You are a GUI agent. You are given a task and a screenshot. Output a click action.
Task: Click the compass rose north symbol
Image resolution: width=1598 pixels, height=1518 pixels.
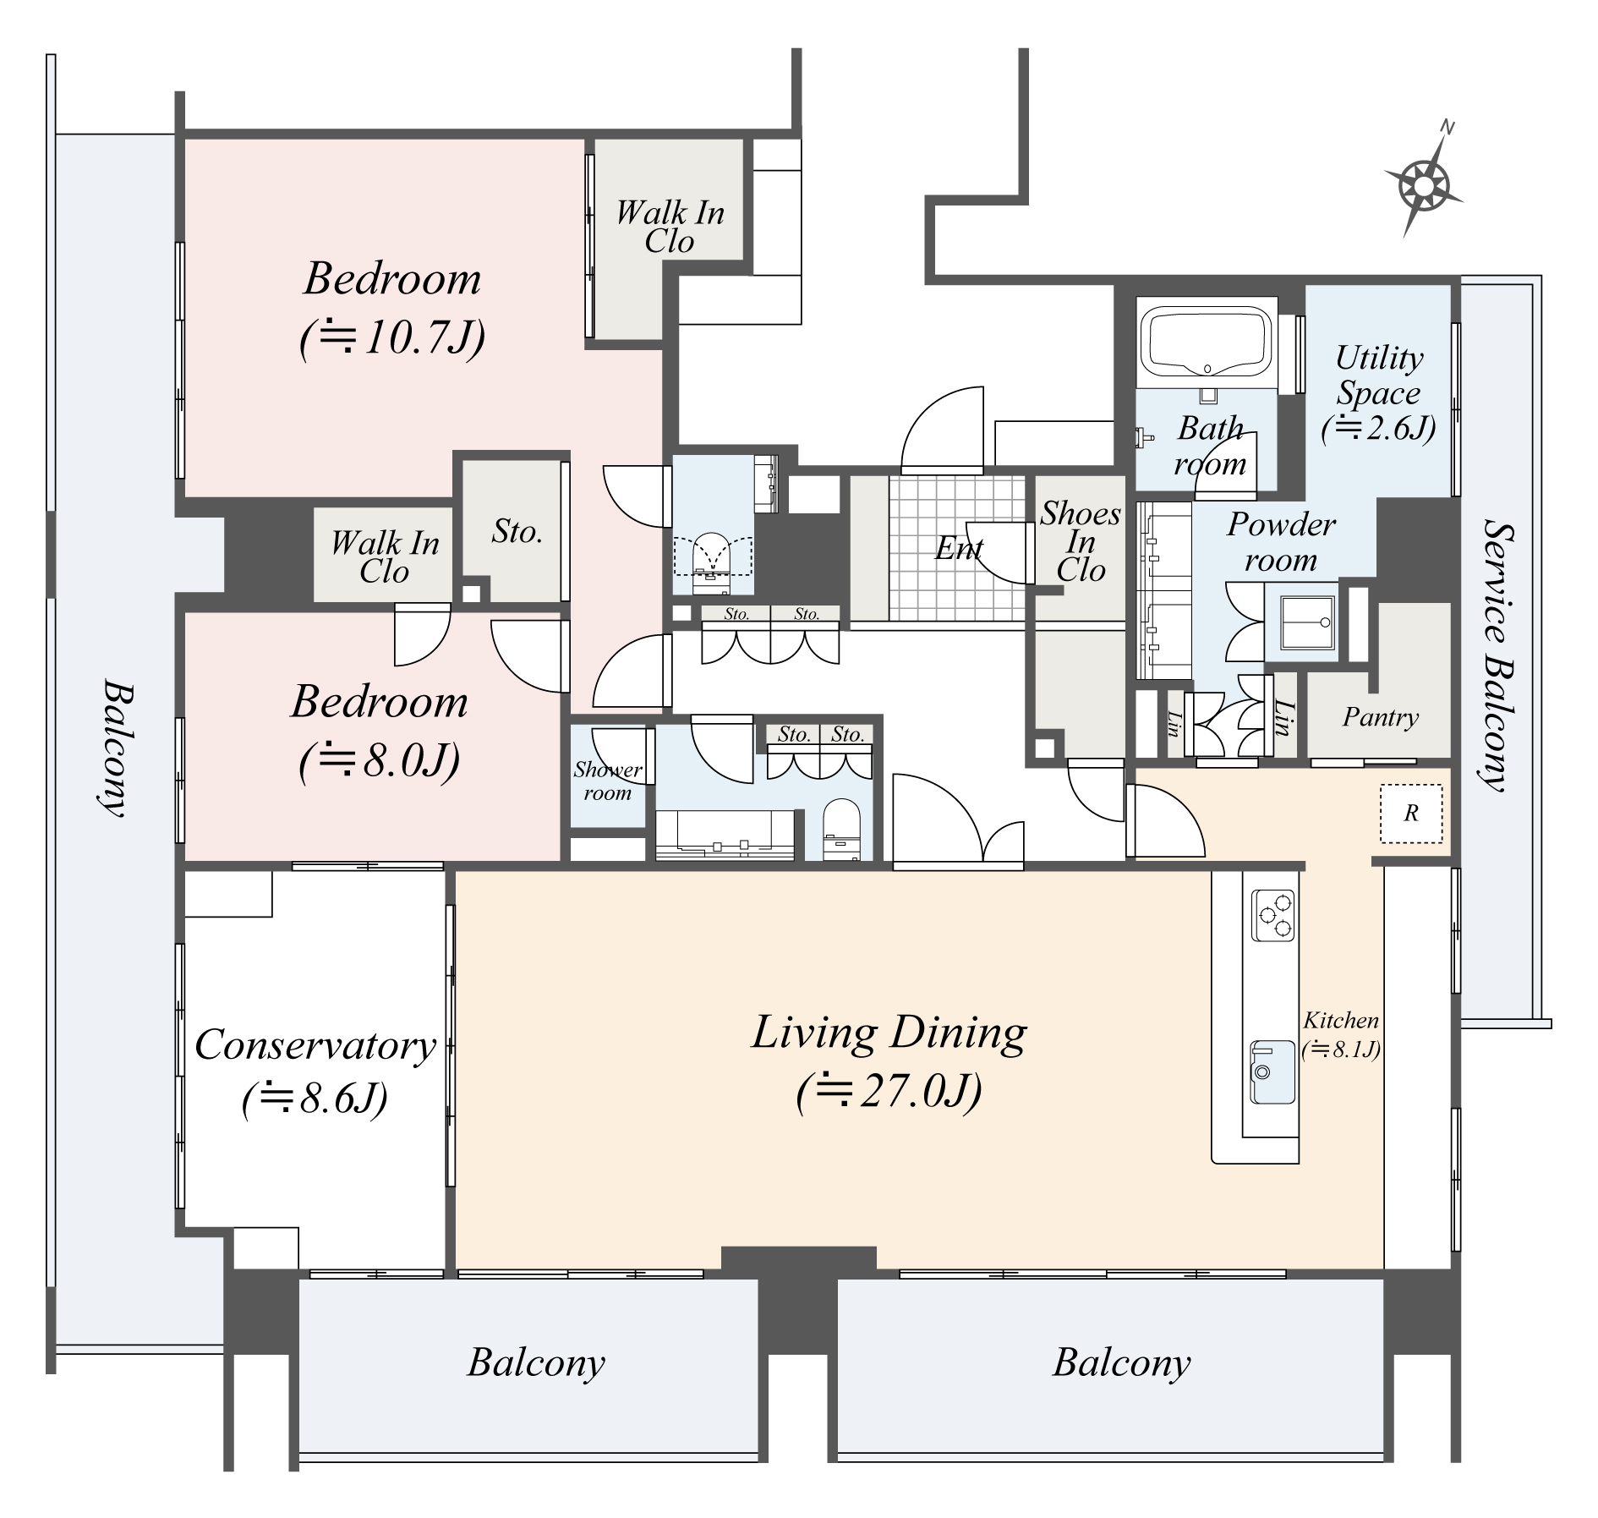pyautogui.click(x=1425, y=184)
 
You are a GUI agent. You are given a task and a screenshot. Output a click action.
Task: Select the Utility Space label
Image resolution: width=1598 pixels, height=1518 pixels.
pyautogui.click(x=1379, y=392)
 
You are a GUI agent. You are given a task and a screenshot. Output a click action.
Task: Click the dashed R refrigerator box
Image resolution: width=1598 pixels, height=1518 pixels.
pyautogui.click(x=1410, y=814)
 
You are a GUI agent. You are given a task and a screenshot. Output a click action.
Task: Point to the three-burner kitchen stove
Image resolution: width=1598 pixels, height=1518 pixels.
pyautogui.click(x=1274, y=915)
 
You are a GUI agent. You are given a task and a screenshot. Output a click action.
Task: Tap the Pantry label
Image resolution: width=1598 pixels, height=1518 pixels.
pyautogui.click(x=1380, y=718)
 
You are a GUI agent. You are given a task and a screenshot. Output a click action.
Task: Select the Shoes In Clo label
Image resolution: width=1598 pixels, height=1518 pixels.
pyautogui.click(x=1081, y=541)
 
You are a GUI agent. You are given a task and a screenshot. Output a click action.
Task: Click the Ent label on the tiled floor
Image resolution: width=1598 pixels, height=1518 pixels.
pyautogui.click(x=958, y=549)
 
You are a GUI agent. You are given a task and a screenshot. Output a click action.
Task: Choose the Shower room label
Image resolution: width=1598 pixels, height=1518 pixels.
pyautogui.click(x=607, y=781)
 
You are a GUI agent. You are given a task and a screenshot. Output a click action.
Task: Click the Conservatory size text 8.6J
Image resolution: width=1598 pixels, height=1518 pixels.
pyautogui.click(x=315, y=1099)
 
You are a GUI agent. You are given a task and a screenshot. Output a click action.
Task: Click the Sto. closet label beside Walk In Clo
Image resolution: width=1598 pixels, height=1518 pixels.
pyautogui.click(x=517, y=531)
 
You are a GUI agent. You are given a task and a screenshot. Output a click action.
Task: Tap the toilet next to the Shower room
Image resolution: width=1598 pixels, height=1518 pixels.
pyautogui.click(x=841, y=826)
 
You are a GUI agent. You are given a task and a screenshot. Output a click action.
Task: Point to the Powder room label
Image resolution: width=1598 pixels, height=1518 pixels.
pyautogui.click(x=1281, y=542)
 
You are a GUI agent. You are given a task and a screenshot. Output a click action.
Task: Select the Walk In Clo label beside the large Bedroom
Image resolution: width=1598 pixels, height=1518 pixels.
pyautogui.click(x=670, y=227)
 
